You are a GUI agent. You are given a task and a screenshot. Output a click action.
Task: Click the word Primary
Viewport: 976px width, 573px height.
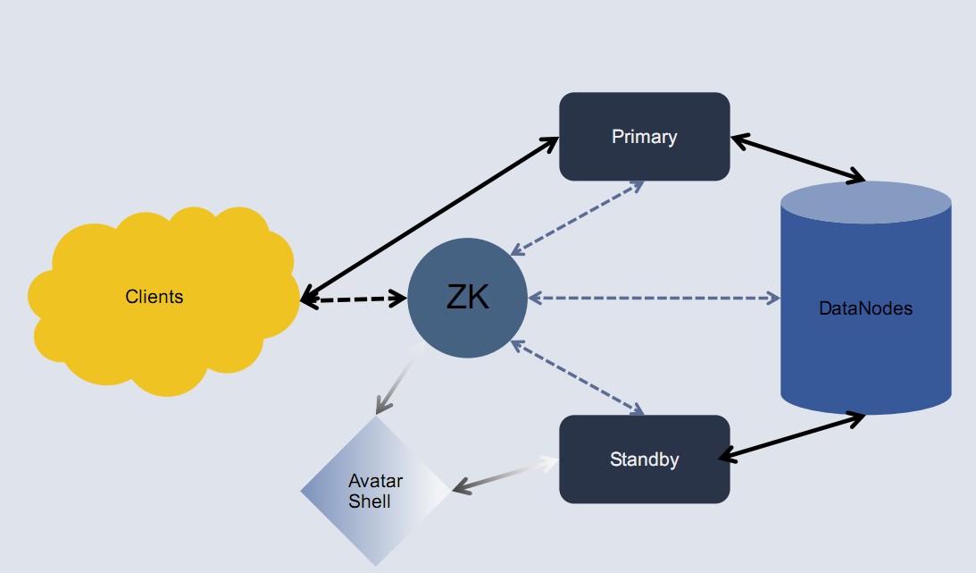644,137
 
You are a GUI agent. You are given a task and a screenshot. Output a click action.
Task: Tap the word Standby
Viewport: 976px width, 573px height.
644,459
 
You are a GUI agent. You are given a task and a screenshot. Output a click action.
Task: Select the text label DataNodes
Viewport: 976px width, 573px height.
865,308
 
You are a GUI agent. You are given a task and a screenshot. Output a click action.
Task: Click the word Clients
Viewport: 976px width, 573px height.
154,297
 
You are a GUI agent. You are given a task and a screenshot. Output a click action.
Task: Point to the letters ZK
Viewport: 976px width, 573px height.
467,298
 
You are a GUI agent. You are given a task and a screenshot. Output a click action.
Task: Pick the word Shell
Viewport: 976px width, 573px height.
369,501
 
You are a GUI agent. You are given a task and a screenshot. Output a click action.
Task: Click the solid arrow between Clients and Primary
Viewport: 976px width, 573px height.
429,220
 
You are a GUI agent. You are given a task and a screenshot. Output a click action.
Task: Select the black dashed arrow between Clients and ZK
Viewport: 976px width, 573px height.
354,299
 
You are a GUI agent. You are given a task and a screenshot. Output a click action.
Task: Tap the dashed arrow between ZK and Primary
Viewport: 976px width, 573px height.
577,218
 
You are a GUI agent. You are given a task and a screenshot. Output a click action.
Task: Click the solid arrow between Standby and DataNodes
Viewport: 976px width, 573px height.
791,437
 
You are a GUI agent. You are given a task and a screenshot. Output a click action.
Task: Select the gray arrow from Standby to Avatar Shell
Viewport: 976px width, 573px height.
505,475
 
